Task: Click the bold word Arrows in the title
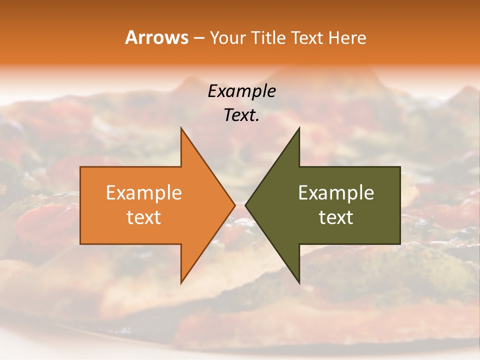[x=156, y=37]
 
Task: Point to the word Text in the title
[x=307, y=37]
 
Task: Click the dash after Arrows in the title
[x=198, y=38]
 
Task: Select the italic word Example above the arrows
[x=241, y=91]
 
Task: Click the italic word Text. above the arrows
[x=241, y=115]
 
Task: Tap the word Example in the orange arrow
[x=143, y=192]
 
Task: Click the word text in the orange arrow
[x=143, y=217]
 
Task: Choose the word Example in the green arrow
[x=336, y=192]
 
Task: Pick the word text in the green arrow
[x=336, y=217]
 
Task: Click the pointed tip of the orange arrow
[x=235, y=205]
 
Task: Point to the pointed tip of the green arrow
[x=245, y=205]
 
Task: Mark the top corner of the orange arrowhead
[x=181, y=128]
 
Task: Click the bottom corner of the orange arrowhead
[x=181, y=283]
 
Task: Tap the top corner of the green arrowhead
[x=299, y=128]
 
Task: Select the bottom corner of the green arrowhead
[x=299, y=283]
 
